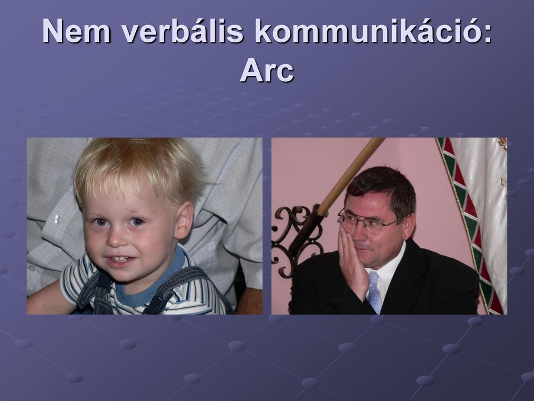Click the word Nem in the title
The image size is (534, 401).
(76, 31)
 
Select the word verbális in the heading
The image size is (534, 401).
(182, 31)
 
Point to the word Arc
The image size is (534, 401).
(267, 70)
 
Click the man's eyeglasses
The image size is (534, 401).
(366, 222)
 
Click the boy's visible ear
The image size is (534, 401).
(184, 220)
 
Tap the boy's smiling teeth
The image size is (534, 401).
(119, 259)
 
